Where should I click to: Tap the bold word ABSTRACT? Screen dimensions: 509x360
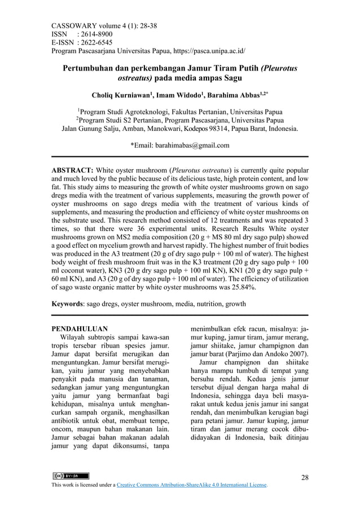click(x=72, y=170)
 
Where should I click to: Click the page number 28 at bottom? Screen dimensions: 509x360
click(x=305, y=477)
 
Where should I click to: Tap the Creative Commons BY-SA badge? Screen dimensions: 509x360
click(x=69, y=476)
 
